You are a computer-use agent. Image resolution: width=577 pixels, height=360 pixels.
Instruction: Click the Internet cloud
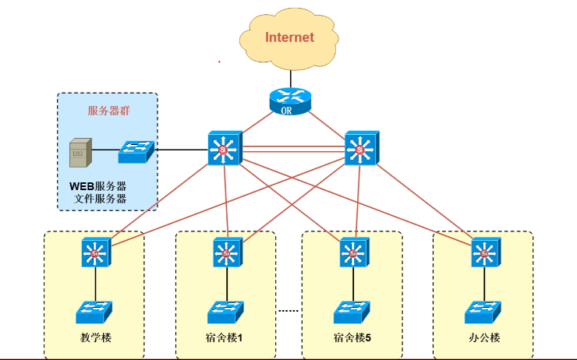coord(289,37)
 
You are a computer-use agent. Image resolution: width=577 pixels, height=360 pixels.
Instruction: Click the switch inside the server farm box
coord(136,151)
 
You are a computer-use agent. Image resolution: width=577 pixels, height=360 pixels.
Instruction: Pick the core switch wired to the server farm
coord(226,147)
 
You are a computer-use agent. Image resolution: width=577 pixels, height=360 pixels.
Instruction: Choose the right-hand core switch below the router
coord(361,147)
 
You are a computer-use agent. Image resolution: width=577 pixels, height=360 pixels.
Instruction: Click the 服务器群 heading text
coord(108,111)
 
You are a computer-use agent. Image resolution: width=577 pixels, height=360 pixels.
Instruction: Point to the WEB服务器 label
coord(98,187)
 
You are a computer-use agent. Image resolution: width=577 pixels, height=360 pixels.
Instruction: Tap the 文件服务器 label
coord(100,199)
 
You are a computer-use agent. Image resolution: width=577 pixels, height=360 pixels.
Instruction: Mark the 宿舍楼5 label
coord(352,337)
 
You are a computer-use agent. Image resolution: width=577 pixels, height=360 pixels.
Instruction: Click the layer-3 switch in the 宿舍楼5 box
coord(353,252)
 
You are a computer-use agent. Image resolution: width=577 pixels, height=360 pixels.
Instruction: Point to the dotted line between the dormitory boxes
coord(289,311)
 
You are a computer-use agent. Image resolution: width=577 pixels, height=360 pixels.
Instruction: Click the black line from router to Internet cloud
coord(289,78)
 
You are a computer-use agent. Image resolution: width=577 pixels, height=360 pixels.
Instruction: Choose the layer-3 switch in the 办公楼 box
coord(485,252)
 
